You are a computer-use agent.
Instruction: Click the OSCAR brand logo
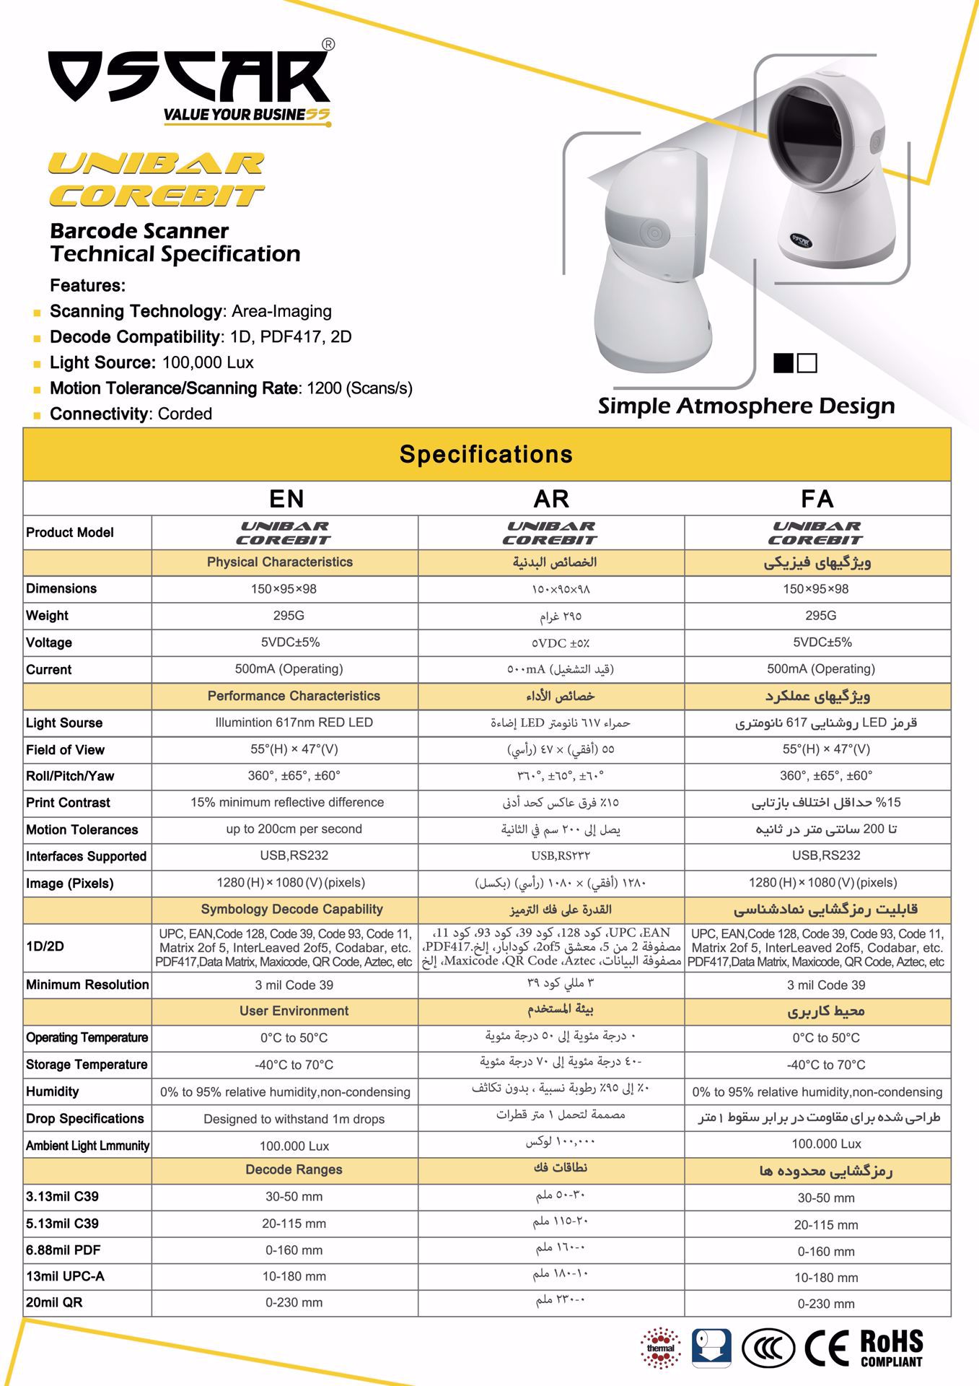click(189, 79)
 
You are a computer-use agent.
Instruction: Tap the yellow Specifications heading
click(486, 454)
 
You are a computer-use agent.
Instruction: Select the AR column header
click(551, 499)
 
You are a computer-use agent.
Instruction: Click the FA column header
click(817, 499)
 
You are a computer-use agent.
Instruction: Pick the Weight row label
click(48, 616)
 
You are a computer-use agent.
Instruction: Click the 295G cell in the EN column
click(288, 616)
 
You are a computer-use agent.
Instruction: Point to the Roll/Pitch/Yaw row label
click(70, 776)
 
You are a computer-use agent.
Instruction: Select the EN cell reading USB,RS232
click(294, 855)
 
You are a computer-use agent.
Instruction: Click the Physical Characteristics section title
click(280, 562)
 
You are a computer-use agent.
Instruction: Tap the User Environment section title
click(294, 1011)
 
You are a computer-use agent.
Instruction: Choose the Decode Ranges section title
click(294, 1169)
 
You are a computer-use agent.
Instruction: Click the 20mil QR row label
click(54, 1302)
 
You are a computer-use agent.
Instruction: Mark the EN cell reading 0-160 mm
click(294, 1250)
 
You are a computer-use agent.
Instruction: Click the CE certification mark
click(827, 1347)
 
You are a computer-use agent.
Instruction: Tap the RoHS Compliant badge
click(892, 1347)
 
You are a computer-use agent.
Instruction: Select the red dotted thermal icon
click(660, 1347)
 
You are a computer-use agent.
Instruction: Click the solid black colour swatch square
click(783, 362)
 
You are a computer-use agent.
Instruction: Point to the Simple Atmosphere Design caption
click(746, 406)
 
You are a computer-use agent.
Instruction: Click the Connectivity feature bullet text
click(131, 414)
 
